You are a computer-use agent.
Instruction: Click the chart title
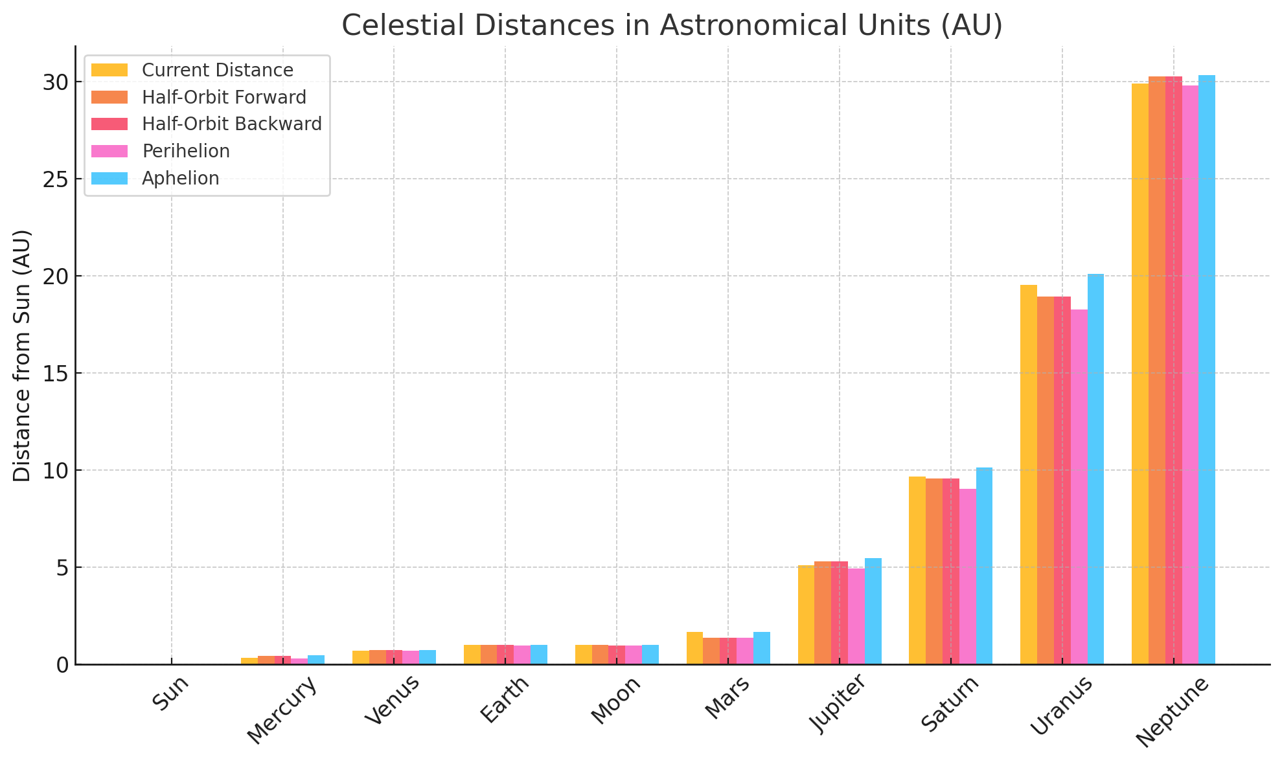[672, 26]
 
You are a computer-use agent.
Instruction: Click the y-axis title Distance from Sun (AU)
[22, 355]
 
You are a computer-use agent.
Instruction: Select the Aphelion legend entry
[181, 179]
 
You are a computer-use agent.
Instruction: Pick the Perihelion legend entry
[186, 152]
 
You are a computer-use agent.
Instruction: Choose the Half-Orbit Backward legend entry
[232, 124]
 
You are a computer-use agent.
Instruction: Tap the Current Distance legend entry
[218, 70]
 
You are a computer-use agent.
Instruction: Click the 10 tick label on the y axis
[55, 471]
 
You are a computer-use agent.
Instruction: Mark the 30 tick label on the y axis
[55, 82]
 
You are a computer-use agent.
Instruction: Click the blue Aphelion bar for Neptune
[1207, 370]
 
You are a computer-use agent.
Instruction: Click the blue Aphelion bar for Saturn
[984, 566]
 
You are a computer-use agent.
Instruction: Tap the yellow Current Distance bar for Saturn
[917, 570]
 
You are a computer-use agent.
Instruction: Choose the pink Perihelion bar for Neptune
[1190, 375]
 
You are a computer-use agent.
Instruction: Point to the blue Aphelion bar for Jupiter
[873, 611]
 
